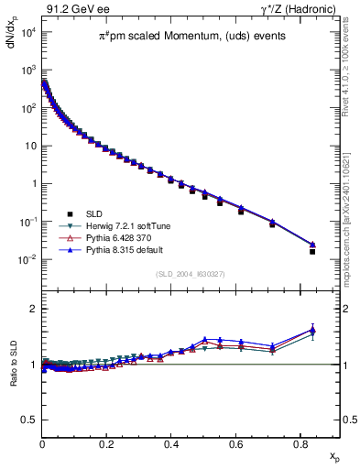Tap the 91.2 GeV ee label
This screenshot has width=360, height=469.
(71, 8)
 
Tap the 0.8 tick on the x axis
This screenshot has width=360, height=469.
(301, 443)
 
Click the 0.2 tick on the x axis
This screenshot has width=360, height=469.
(107, 443)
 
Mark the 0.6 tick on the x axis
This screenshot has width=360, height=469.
(236, 443)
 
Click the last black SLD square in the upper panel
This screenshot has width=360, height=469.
(312, 251)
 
